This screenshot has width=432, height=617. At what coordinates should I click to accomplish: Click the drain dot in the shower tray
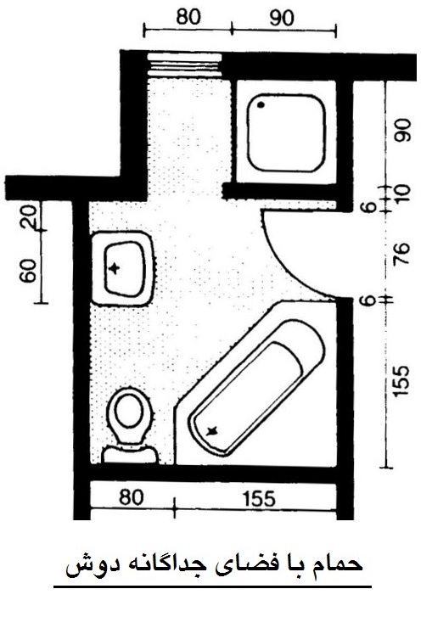pos(261,104)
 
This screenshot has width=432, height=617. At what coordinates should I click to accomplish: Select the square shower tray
pos(286,132)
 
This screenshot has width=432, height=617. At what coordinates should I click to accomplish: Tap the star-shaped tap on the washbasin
pos(115,268)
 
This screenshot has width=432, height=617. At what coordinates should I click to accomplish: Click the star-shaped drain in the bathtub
pos(212,431)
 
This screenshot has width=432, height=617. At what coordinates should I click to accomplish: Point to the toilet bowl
pos(130,414)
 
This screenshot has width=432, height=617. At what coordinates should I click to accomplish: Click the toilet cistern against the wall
pos(130,455)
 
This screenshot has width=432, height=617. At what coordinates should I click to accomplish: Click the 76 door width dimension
pos(403,249)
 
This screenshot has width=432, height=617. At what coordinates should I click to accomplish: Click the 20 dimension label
pos(29,216)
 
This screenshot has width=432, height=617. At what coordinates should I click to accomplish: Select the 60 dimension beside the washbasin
pos(28,271)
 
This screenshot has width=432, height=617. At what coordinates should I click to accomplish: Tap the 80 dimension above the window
pos(188,17)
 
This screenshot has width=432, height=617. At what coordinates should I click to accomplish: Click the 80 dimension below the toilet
pos(131,498)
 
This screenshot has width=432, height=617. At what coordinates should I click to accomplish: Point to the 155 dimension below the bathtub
pos(259,499)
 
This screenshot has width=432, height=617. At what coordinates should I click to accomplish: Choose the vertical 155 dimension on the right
pos(402,381)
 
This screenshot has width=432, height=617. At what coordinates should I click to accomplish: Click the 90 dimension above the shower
pos(282,18)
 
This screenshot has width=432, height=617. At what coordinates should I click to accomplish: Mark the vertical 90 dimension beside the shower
pos(403,130)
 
